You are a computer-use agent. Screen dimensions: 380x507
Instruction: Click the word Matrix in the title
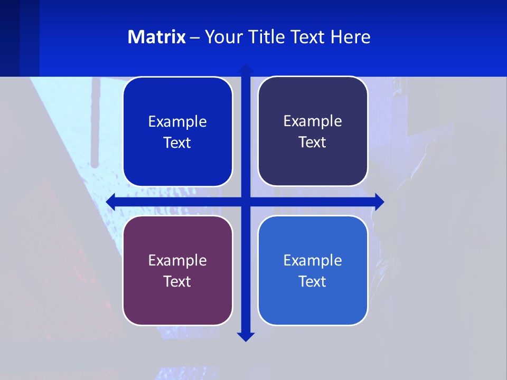pos(156,37)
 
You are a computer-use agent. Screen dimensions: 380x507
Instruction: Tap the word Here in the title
pos(351,37)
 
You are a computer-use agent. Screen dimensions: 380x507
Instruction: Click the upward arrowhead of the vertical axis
pos(246,69)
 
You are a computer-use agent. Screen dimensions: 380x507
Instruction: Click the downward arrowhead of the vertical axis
pos(246,336)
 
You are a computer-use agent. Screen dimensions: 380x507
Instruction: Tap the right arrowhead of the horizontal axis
pos(379,202)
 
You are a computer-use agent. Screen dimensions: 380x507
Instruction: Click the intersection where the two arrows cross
pos(246,202)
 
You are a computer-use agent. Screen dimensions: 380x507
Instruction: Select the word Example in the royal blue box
pos(177,122)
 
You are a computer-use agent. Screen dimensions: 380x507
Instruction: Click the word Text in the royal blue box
pos(177,143)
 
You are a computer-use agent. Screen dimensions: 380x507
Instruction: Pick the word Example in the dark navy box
pos(313,121)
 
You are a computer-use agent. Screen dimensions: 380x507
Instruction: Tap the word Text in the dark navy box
pos(313,142)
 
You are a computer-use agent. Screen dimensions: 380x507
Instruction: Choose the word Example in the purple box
pos(177,261)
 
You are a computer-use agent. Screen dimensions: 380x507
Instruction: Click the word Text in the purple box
pos(177,282)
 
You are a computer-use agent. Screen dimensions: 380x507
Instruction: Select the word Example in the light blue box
pos(313,261)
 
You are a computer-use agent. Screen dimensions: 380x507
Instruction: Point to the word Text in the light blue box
pos(313,282)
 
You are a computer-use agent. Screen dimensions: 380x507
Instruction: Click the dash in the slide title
pos(195,37)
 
